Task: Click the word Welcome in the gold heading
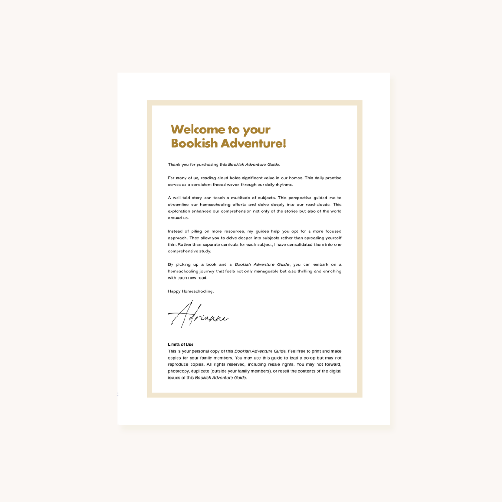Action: point(192,130)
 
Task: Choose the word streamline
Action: point(178,205)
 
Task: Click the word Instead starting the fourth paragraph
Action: point(176,231)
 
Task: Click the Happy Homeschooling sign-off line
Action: point(191,291)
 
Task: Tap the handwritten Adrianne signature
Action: point(198,315)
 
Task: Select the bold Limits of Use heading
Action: point(180,344)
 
